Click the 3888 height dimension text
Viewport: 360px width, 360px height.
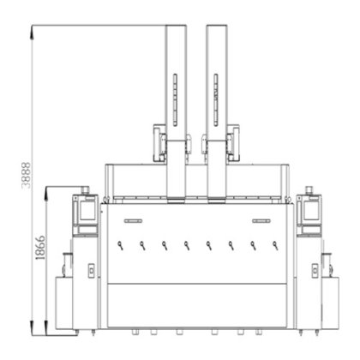click(x=26, y=176)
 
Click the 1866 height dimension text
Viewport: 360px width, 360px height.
click(x=40, y=248)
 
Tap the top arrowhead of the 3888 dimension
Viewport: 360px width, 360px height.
click(x=33, y=30)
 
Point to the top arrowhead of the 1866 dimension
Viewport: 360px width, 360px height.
click(x=46, y=191)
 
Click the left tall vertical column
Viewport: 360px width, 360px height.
click(x=176, y=113)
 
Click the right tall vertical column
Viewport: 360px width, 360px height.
click(x=217, y=113)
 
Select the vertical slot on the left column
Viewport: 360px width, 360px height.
click(x=175, y=99)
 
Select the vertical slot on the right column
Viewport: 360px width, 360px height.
click(x=216, y=99)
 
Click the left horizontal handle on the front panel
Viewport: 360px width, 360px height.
click(x=133, y=220)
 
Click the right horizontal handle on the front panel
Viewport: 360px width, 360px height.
click(x=261, y=220)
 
